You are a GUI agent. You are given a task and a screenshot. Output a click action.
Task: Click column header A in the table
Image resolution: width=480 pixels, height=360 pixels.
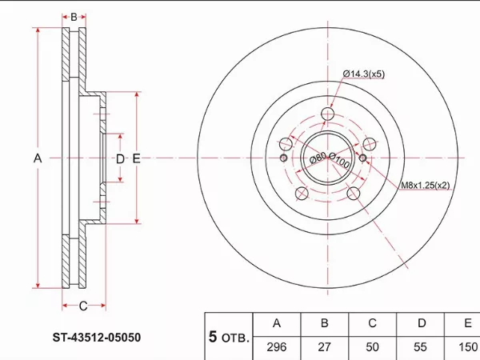[x=277, y=324]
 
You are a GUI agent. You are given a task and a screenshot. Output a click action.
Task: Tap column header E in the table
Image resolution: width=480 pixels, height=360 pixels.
[x=467, y=324]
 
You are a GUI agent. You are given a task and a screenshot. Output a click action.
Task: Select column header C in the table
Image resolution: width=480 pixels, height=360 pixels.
[x=372, y=324]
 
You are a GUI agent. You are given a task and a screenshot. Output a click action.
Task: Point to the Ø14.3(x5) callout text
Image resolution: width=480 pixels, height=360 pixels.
[x=364, y=74]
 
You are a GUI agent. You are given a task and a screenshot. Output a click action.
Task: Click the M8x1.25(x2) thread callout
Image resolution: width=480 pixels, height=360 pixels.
[x=425, y=186]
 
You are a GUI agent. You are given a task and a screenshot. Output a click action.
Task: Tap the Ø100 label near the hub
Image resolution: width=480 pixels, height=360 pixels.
[x=341, y=162]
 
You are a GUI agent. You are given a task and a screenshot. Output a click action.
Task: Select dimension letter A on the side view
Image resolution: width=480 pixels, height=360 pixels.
[x=37, y=159]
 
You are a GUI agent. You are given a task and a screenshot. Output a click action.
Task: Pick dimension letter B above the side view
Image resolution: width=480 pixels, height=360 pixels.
[x=74, y=17]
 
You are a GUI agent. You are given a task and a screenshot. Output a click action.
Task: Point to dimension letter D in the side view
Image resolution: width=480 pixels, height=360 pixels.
[x=120, y=159]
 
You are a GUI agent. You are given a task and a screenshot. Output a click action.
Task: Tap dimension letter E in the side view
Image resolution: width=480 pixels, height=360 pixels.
[x=137, y=159]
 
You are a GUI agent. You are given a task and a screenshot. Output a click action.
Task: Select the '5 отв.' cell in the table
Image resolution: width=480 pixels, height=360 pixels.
[x=229, y=337]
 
